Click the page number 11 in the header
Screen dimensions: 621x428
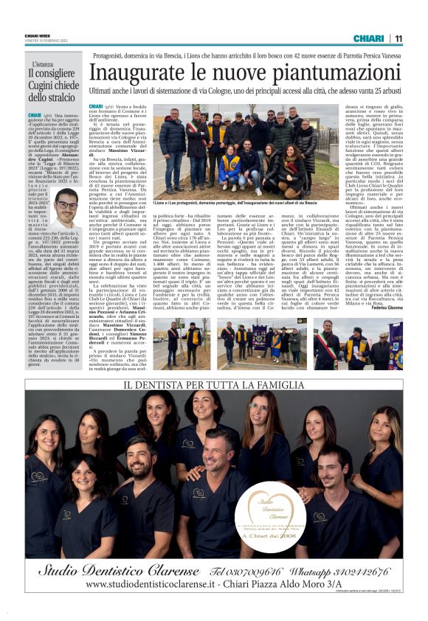[x=398, y=38]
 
